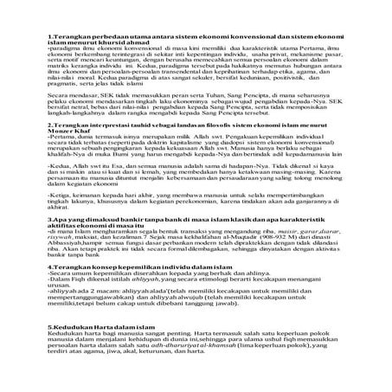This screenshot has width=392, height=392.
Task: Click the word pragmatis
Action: pos(56,99)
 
